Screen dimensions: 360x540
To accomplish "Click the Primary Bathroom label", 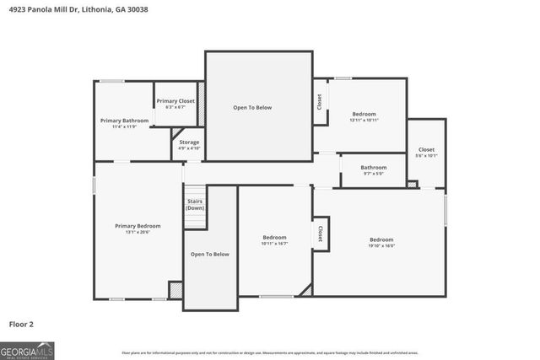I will pyautogui.click(x=124, y=121).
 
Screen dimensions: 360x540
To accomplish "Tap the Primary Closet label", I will pyautogui.click(x=175, y=101).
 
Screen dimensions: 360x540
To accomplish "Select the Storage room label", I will pyautogui.click(x=189, y=142).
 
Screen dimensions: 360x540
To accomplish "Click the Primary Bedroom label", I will pyautogui.click(x=138, y=226).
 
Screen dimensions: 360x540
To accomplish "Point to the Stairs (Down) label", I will pyautogui.click(x=195, y=205).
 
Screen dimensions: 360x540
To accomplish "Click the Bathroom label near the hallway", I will pyautogui.click(x=373, y=167).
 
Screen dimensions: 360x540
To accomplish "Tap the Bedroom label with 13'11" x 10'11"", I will pyautogui.click(x=364, y=114).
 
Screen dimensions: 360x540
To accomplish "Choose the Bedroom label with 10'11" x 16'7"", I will pyautogui.click(x=274, y=238).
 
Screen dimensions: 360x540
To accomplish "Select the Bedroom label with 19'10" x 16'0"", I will pyautogui.click(x=381, y=239).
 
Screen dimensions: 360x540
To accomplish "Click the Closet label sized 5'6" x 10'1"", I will pyautogui.click(x=426, y=149).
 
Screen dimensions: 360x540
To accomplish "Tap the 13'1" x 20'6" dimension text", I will pyautogui.click(x=138, y=232).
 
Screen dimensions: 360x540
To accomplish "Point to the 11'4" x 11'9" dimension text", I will pyautogui.click(x=124, y=126).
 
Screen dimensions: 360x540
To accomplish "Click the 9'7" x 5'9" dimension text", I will pyautogui.click(x=373, y=174).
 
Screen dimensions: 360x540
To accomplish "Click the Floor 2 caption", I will pyautogui.click(x=21, y=323).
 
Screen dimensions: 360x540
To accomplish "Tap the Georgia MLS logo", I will pyautogui.click(x=27, y=349).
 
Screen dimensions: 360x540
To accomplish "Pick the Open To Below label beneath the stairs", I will pyautogui.click(x=210, y=254).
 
